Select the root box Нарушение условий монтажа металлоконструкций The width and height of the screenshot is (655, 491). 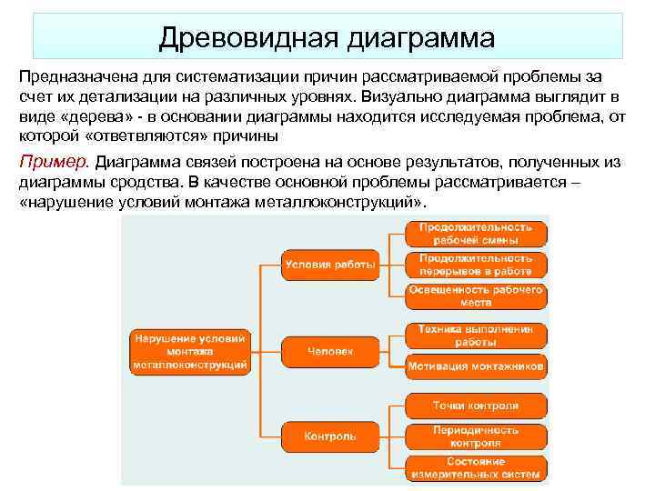pos(190,350)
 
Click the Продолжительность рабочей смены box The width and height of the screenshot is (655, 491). pos(476,233)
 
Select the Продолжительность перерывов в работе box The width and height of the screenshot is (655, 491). pos(476,265)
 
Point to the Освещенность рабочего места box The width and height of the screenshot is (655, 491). pos(476,296)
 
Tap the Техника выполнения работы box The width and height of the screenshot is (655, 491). pos(476,335)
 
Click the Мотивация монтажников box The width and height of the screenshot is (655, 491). pos(476,366)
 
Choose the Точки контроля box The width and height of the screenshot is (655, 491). pos(476,406)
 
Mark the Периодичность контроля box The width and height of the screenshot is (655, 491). pos(476,436)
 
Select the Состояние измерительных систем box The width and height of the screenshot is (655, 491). pos(476,467)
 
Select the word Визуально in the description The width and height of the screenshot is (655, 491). pos(398,98)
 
